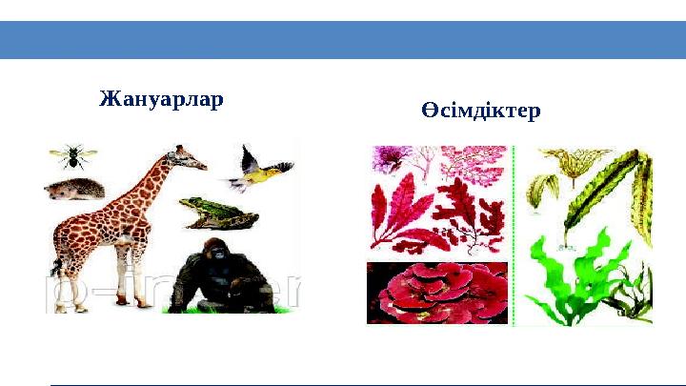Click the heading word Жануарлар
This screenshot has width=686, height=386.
(161, 99)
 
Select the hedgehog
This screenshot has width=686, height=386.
(74, 189)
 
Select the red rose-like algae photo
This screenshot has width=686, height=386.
(437, 293)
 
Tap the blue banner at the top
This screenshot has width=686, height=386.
(343, 40)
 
